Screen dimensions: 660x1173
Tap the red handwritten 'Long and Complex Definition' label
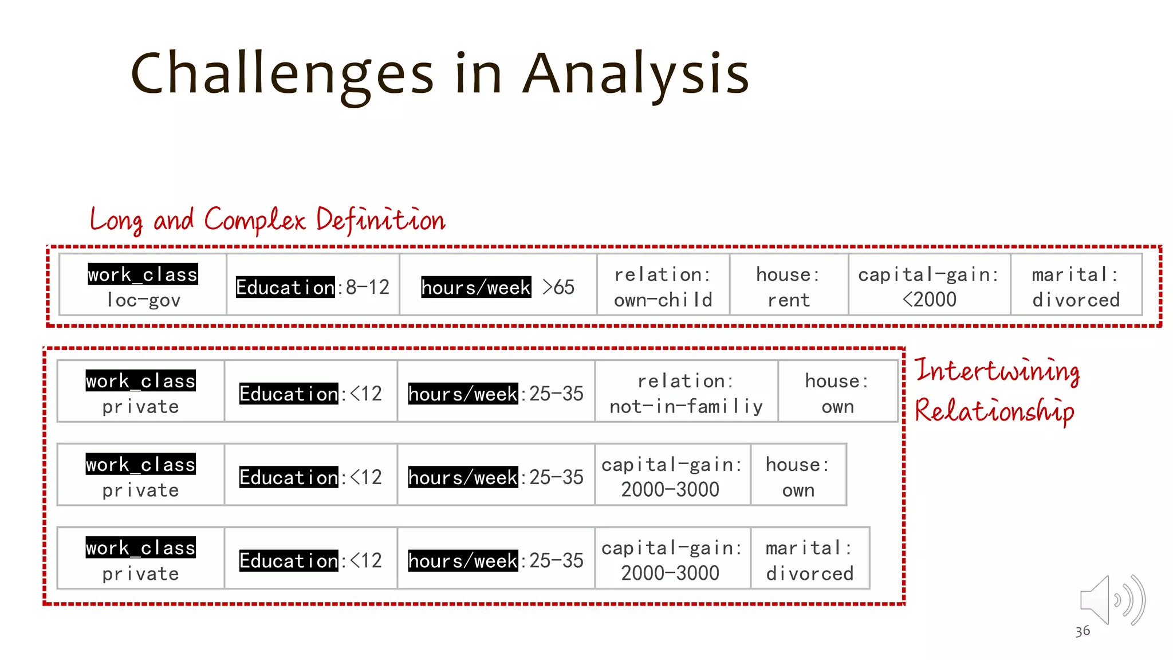click(x=267, y=220)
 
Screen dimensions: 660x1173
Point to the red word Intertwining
click(x=997, y=371)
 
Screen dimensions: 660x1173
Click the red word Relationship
click(x=994, y=411)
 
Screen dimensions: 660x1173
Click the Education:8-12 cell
click(x=313, y=286)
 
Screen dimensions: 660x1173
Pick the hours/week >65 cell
click(x=498, y=286)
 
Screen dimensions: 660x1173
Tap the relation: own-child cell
click(x=663, y=286)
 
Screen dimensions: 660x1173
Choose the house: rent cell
click(x=789, y=286)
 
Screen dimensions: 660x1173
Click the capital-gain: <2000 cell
click(x=929, y=286)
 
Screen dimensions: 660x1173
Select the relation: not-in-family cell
click(x=686, y=393)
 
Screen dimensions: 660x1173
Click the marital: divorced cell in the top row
click(x=1076, y=286)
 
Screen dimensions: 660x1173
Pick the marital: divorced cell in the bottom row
click(x=809, y=560)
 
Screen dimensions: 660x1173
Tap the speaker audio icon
click(x=1111, y=600)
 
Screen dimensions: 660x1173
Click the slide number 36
click(x=1082, y=631)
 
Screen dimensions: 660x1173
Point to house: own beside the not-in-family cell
click(x=837, y=393)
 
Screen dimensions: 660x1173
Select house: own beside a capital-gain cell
click(x=798, y=477)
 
